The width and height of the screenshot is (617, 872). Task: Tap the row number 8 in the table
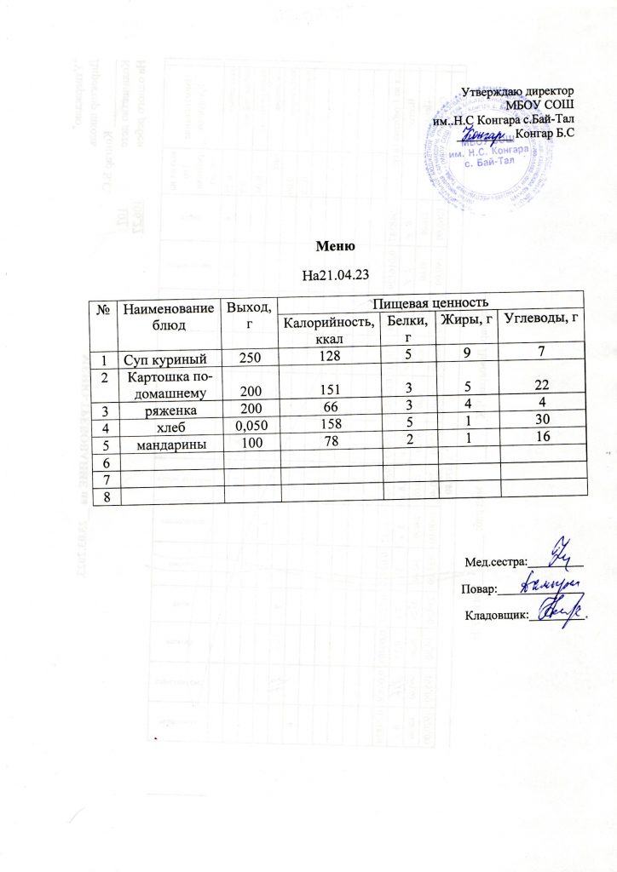pos(107,497)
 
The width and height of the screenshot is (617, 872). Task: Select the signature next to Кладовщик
pos(563,611)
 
